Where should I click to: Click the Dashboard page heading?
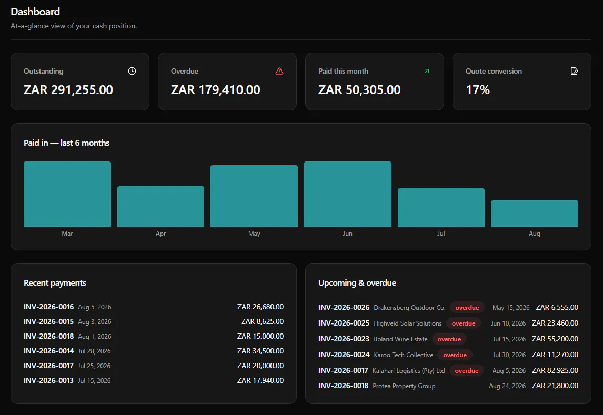(x=35, y=12)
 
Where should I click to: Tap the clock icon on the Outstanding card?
(x=132, y=71)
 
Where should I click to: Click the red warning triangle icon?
(x=279, y=71)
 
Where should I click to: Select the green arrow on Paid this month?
(x=427, y=71)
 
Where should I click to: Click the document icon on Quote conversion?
(x=574, y=71)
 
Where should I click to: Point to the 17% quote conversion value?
(x=478, y=90)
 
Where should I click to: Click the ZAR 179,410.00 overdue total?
(x=216, y=90)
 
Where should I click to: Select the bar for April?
(x=161, y=206)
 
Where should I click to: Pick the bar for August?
(x=535, y=214)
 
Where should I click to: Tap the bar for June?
(x=348, y=194)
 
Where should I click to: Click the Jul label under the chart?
(x=441, y=234)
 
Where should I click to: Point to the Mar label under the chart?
(x=67, y=234)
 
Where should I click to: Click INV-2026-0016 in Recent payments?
(x=48, y=307)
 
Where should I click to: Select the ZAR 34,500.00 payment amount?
(x=260, y=351)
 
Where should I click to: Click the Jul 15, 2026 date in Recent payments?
(x=94, y=381)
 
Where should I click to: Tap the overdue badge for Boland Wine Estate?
(x=449, y=339)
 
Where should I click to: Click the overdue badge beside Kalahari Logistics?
(x=467, y=371)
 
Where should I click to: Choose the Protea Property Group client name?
(x=404, y=386)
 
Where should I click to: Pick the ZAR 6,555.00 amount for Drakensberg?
(x=557, y=307)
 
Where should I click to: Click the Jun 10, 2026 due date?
(x=508, y=323)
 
